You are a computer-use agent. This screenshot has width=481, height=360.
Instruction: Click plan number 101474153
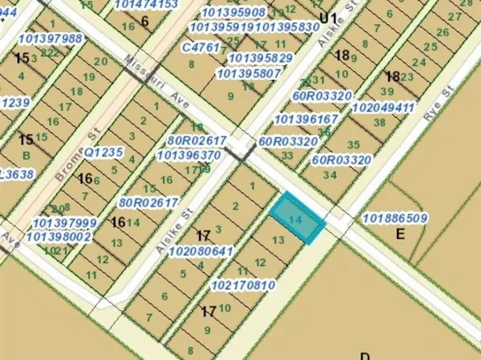[145, 5]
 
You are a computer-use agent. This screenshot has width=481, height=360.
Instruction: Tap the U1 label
[327, 17]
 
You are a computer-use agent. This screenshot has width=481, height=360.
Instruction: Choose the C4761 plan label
[201, 48]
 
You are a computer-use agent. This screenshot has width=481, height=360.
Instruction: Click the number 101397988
[50, 39]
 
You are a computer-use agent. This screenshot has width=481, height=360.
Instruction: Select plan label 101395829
[261, 58]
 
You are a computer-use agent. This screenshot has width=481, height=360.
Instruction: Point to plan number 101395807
[249, 73]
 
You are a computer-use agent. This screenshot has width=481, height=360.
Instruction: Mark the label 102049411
[383, 107]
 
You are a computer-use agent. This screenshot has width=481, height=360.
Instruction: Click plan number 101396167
[307, 119]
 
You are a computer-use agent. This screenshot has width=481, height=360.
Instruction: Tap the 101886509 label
[395, 218]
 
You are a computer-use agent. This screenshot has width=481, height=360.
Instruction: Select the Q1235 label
[103, 151]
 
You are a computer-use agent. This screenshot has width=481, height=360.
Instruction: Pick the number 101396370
[189, 155]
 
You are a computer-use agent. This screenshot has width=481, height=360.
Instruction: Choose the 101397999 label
[65, 223]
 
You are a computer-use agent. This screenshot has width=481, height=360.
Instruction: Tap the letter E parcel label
[399, 235]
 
